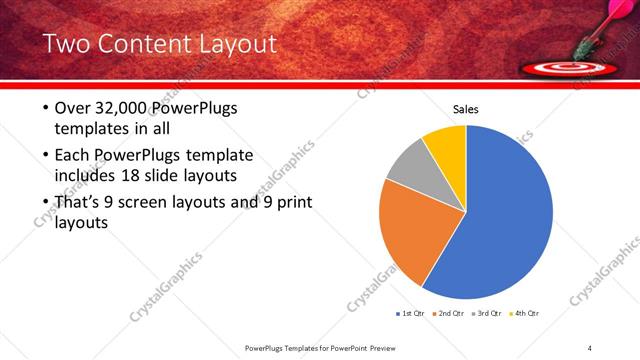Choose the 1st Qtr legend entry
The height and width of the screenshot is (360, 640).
pyautogui.click(x=412, y=313)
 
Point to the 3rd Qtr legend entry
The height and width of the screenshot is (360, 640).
pyautogui.click(x=487, y=313)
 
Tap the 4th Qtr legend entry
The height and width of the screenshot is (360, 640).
pyautogui.click(x=524, y=313)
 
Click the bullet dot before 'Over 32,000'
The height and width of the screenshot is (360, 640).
pyautogui.click(x=45, y=108)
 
